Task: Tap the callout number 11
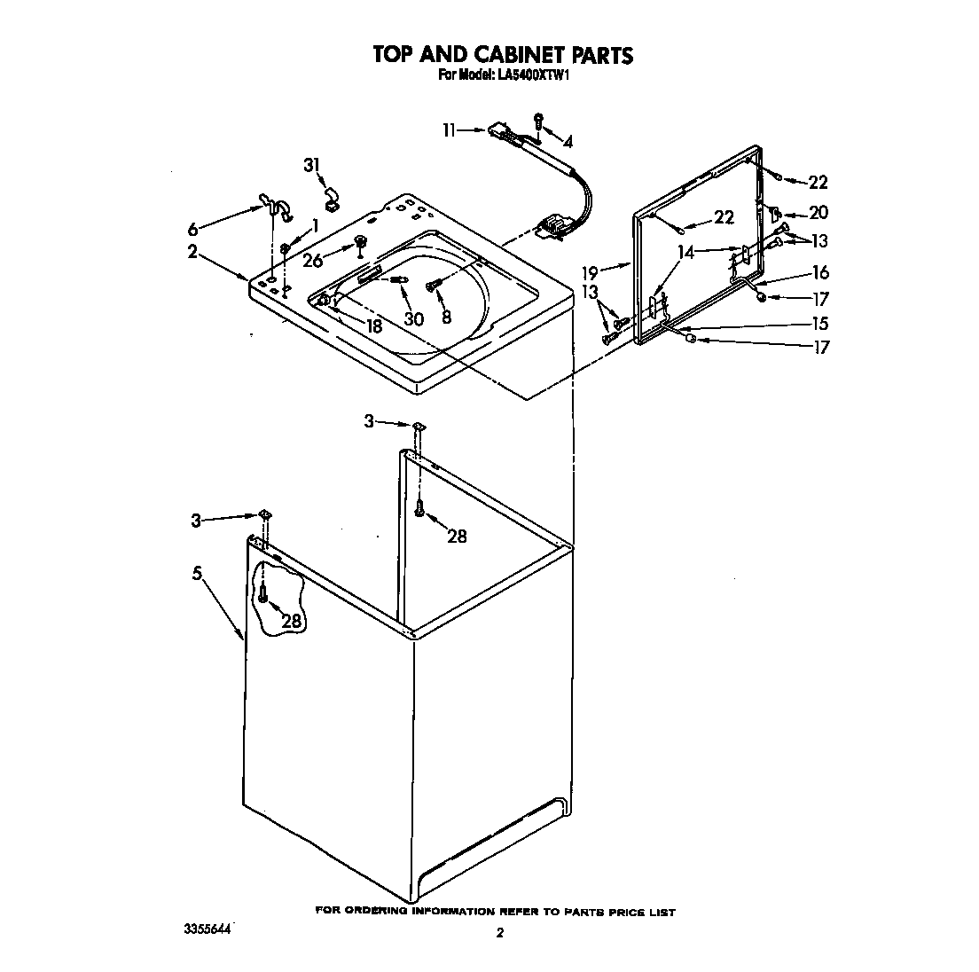click(x=450, y=130)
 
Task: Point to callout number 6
click(x=193, y=228)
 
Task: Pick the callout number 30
click(x=413, y=319)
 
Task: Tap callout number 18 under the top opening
click(x=373, y=325)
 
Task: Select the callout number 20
click(x=818, y=213)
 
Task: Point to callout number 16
click(x=820, y=272)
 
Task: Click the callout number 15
click(x=821, y=324)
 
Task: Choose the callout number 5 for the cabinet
click(x=199, y=574)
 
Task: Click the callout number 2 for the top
click(x=192, y=251)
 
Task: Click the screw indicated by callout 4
click(x=538, y=121)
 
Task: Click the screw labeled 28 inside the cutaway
click(x=263, y=597)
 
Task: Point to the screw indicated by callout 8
click(x=432, y=285)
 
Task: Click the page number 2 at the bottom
click(x=500, y=932)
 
